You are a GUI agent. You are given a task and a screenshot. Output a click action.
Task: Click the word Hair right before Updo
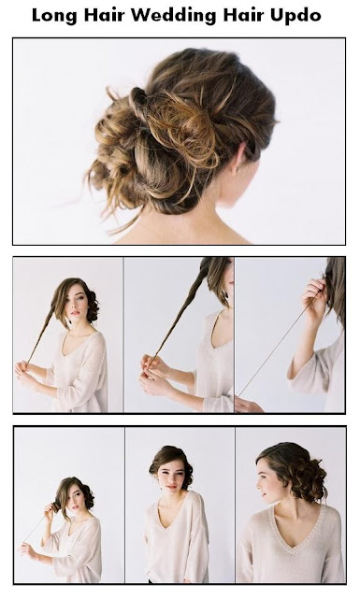(243, 15)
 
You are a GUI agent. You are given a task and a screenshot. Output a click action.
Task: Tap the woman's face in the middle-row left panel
(77, 302)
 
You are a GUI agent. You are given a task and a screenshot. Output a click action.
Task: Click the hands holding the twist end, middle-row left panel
(26, 372)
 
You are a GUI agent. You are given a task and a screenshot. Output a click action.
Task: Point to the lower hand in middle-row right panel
(248, 405)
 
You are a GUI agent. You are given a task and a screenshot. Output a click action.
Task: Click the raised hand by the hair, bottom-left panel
(50, 508)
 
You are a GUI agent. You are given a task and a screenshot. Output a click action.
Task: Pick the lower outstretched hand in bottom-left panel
(26, 548)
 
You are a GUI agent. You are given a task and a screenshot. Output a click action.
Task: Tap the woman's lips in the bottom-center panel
(171, 487)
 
